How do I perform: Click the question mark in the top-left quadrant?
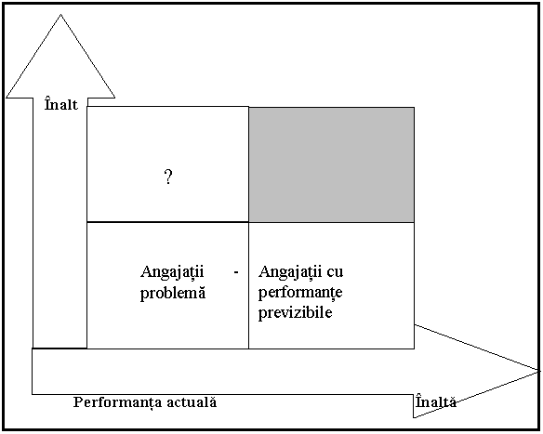tap(168, 178)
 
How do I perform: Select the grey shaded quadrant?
tap(331, 164)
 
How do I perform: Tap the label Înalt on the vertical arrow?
tap(61, 104)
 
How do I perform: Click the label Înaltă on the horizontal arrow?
tap(436, 401)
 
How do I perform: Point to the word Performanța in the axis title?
tap(117, 402)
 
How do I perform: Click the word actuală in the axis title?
tap(192, 402)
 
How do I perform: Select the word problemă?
tap(173, 294)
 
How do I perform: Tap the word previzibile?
tap(296, 312)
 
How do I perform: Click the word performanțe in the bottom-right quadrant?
tap(300, 293)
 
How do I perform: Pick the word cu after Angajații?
tap(335, 272)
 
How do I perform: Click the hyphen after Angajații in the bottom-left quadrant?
tap(236, 272)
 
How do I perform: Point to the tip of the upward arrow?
tap(61, 14)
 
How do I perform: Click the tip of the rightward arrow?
tap(539, 371)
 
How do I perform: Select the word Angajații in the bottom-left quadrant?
tap(172, 272)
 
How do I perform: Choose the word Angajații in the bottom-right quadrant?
tap(290, 272)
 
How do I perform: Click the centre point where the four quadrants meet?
tap(248, 222)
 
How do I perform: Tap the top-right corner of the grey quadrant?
tap(414, 108)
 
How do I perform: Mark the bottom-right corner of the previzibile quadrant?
tap(414, 349)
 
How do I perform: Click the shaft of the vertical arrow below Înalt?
tap(60, 229)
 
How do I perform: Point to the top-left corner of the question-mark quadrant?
tap(86, 107)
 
